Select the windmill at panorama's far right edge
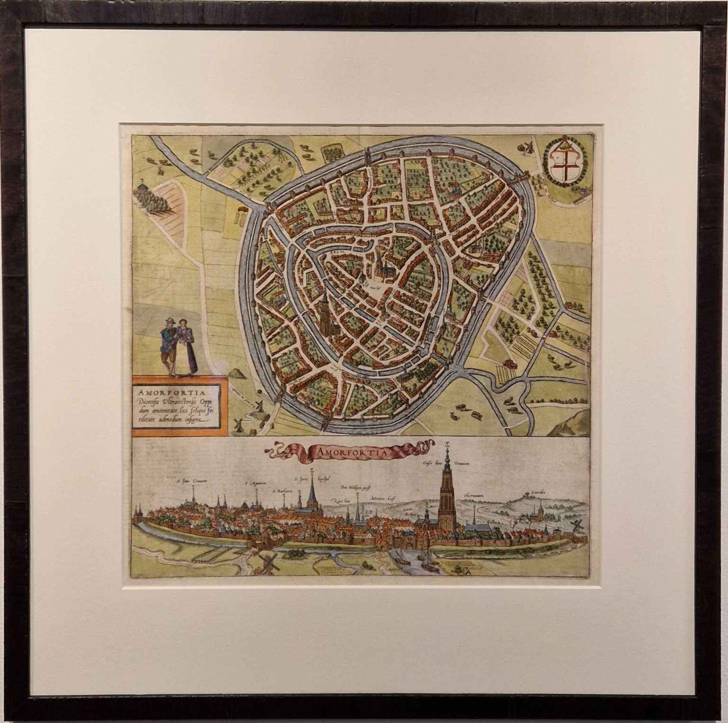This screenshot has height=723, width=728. (x=575, y=525)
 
